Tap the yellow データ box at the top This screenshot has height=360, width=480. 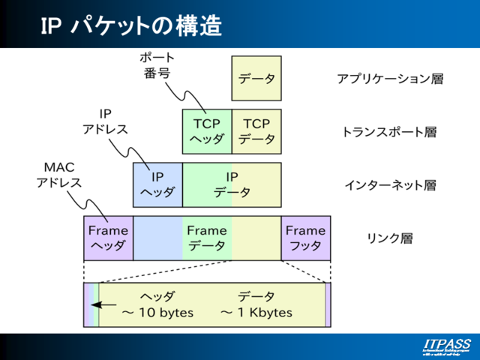click(x=256, y=79)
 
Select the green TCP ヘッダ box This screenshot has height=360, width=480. click(x=206, y=131)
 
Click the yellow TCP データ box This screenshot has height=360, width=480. click(x=256, y=131)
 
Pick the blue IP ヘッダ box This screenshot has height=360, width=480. click(x=157, y=184)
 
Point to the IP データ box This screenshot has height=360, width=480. click(x=232, y=184)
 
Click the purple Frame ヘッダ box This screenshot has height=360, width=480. click(x=108, y=238)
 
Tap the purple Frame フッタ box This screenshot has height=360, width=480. click(x=305, y=238)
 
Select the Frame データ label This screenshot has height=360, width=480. click(x=206, y=238)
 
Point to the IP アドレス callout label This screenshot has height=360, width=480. click(x=105, y=121)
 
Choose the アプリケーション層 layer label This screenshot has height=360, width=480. click(x=389, y=79)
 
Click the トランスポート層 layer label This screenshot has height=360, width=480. click(x=389, y=132)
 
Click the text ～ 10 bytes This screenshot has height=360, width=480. click(x=157, y=313)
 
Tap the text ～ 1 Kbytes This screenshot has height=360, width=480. click(x=256, y=313)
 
